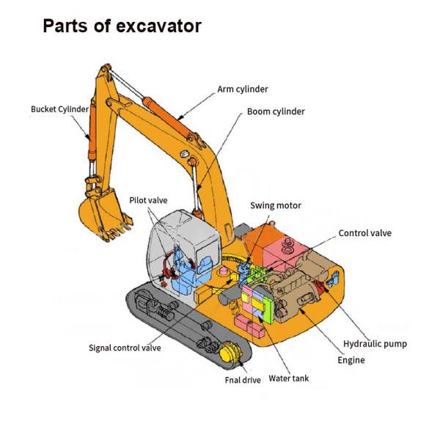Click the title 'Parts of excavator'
(122, 26)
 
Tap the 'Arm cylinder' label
(243, 89)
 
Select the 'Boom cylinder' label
(275, 111)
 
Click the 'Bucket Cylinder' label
(59, 109)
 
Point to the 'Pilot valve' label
(149, 199)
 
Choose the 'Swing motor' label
(275, 205)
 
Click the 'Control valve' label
(364, 233)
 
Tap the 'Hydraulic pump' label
(375, 343)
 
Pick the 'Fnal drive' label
(242, 380)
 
